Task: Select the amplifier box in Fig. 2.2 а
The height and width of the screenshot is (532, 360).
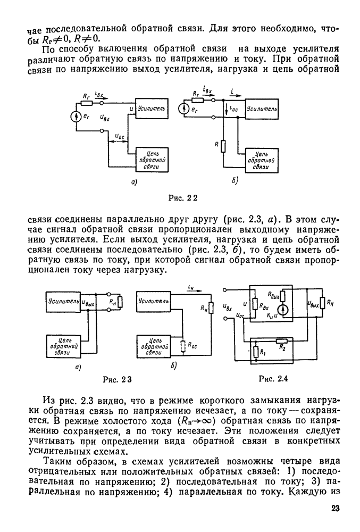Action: coord(152,109)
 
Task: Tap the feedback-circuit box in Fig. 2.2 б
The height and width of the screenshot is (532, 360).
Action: coord(261,159)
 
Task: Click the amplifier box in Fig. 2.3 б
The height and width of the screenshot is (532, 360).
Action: coord(154,301)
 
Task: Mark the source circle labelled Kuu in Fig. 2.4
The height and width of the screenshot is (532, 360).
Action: coord(283,310)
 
